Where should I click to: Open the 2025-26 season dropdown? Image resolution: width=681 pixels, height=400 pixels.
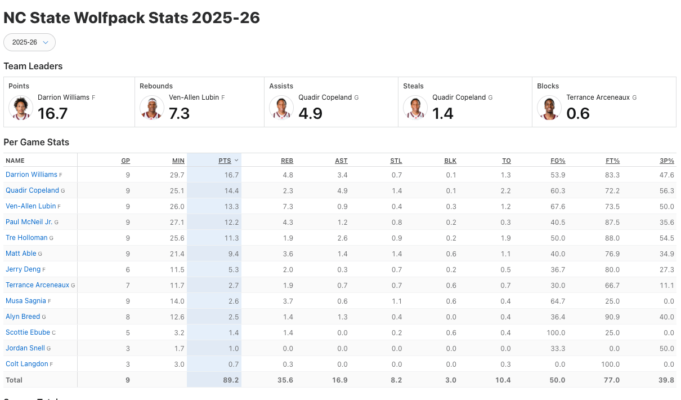pyautogui.click(x=29, y=42)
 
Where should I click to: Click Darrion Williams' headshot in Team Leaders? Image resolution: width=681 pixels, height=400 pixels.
pyautogui.click(x=21, y=108)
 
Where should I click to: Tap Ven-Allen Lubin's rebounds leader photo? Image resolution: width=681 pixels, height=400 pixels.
pyautogui.click(x=152, y=108)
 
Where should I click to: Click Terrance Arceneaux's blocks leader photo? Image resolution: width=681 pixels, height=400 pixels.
pyautogui.click(x=549, y=108)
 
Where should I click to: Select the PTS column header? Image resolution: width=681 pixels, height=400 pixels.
pyautogui.click(x=225, y=161)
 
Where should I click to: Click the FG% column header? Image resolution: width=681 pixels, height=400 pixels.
pyautogui.click(x=557, y=161)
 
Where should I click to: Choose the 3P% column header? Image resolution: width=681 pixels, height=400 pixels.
pyautogui.click(x=666, y=161)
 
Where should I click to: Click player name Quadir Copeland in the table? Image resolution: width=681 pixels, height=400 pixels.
pyautogui.click(x=32, y=190)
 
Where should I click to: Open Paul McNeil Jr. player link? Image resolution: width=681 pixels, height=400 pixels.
pyautogui.click(x=29, y=222)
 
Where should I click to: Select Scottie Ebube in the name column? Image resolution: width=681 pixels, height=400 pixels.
pyautogui.click(x=28, y=332)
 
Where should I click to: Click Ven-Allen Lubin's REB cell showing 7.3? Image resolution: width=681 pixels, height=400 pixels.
pyautogui.click(x=286, y=206)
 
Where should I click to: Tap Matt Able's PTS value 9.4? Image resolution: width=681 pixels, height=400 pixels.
pyautogui.click(x=232, y=254)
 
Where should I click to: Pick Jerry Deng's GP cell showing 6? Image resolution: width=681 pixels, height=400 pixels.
pyautogui.click(x=128, y=269)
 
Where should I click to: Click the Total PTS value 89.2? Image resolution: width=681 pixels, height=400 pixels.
pyautogui.click(x=231, y=380)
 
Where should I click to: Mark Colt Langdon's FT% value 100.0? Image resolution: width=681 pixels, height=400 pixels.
pyautogui.click(x=610, y=364)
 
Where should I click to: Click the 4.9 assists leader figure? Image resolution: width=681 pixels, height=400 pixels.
pyautogui.click(x=310, y=114)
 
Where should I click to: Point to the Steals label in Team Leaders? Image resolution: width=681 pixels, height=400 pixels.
pyautogui.click(x=413, y=86)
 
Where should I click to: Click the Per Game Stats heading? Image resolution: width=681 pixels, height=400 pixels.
pyautogui.click(x=36, y=142)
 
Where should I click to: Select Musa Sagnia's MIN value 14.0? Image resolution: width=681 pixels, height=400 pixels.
pyautogui.click(x=177, y=301)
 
